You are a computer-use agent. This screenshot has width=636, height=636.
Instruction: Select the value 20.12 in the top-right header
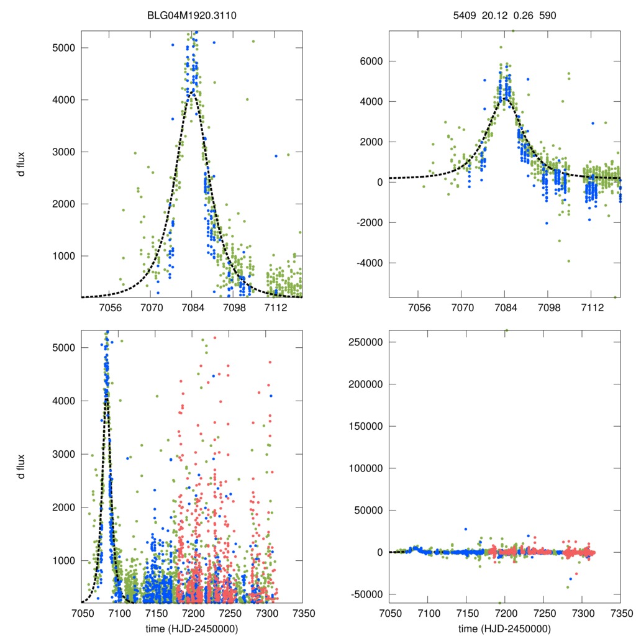(494, 14)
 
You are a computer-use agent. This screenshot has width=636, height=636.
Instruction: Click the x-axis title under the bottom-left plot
(192, 628)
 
